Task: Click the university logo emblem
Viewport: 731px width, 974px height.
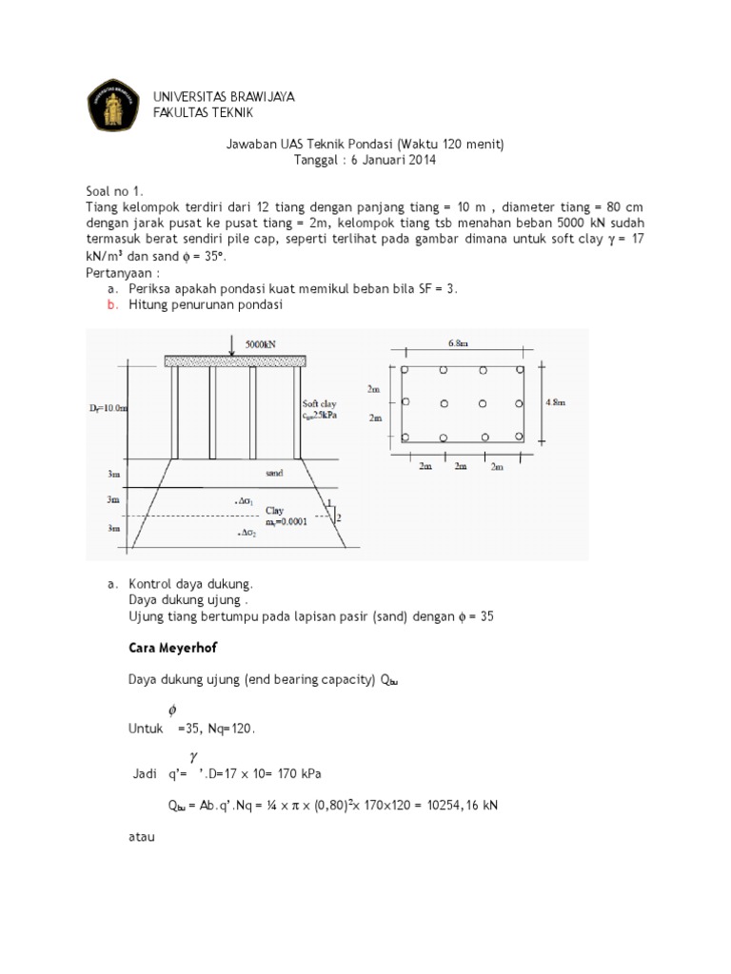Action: click(x=113, y=105)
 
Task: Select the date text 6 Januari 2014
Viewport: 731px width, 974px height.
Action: click(x=393, y=160)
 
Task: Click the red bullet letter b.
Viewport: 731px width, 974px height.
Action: click(x=112, y=305)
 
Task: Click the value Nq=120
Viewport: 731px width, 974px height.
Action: click(x=227, y=729)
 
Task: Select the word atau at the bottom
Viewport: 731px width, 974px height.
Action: click(x=141, y=837)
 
